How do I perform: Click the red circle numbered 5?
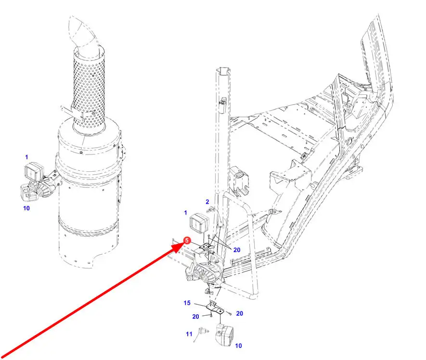pos(187,241)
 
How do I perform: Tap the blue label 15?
pos(187,303)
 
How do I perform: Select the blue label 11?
pos(189,334)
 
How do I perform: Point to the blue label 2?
pos(207,202)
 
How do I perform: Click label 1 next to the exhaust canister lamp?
pos(26,157)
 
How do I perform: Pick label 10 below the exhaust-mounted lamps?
pos(26,208)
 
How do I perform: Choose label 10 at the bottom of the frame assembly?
pos(238,346)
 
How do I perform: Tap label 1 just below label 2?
pos(185,213)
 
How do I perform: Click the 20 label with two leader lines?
pos(237,250)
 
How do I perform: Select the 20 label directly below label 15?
pos(195,317)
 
